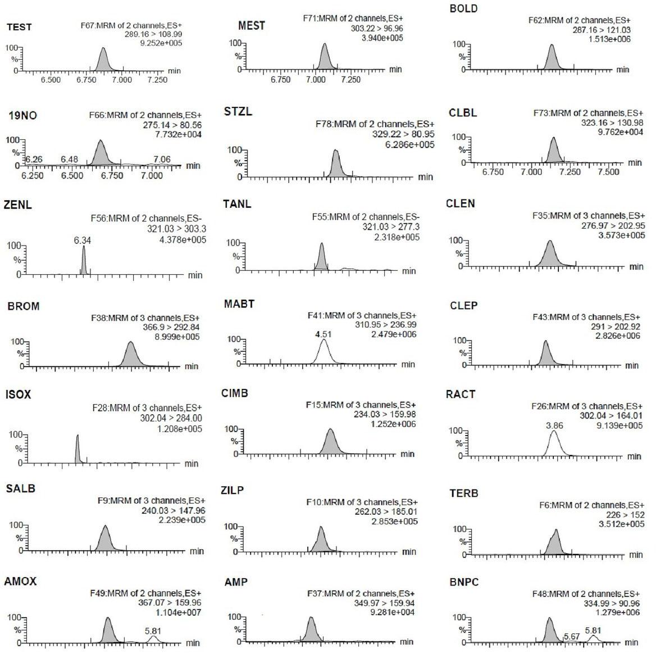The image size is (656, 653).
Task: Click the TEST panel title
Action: pyautogui.click(x=19, y=27)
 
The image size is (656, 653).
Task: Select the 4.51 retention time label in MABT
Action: pyautogui.click(x=322, y=334)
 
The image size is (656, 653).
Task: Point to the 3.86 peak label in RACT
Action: pyautogui.click(x=554, y=426)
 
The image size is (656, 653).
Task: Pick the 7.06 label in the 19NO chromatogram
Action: pyautogui.click(x=162, y=160)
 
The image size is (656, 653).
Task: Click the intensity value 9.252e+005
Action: pyautogui.click(x=161, y=43)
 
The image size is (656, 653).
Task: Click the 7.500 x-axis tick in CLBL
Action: pyautogui.click(x=608, y=172)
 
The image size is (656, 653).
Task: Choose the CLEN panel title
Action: pyautogui.click(x=461, y=203)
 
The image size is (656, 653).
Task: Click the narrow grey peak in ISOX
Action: pyautogui.click(x=78, y=450)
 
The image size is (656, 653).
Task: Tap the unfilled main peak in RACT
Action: pyautogui.click(x=554, y=444)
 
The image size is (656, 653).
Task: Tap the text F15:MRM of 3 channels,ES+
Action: pyautogui.click(x=361, y=405)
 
